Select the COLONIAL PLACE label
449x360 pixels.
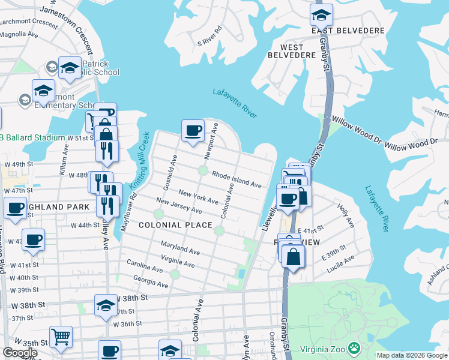click(175, 225)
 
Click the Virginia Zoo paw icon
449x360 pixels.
click(355, 347)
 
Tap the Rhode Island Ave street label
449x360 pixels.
click(236, 177)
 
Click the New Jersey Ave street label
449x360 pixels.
click(178, 205)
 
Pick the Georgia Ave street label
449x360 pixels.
click(150, 280)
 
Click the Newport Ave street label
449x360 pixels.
click(211, 141)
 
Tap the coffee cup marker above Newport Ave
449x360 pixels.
click(193, 131)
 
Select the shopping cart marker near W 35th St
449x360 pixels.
click(61, 337)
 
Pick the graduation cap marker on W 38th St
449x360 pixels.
click(106, 305)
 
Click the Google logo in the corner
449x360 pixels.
click(20, 353)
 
